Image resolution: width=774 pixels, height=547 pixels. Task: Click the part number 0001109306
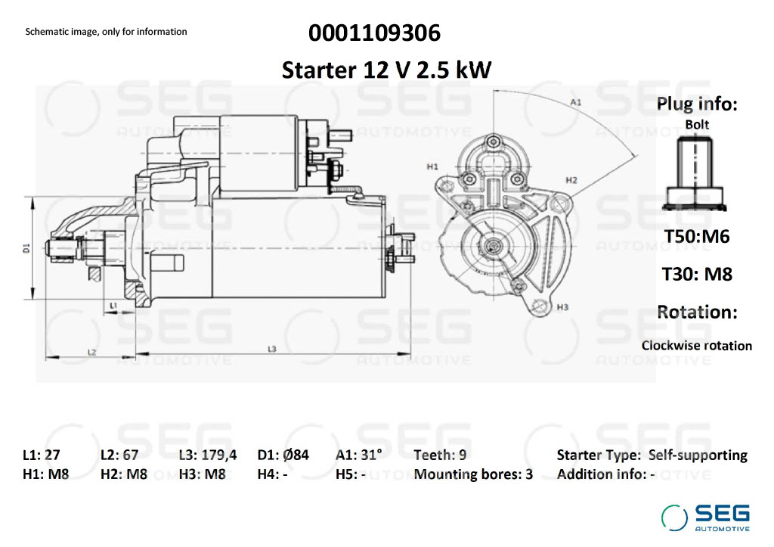[x=375, y=33]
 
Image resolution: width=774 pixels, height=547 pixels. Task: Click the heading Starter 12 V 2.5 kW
[x=386, y=70]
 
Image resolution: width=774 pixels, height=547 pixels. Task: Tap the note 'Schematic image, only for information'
[x=106, y=32]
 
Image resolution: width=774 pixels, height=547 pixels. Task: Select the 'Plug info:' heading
[x=697, y=104]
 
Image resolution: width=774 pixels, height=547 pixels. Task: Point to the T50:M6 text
[x=697, y=236]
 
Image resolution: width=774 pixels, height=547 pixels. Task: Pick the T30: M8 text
[x=697, y=274]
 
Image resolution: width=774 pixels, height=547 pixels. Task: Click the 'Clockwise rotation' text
[x=696, y=346]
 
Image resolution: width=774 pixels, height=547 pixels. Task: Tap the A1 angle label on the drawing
[x=575, y=102]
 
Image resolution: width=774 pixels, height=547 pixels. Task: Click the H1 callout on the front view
[x=432, y=166]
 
